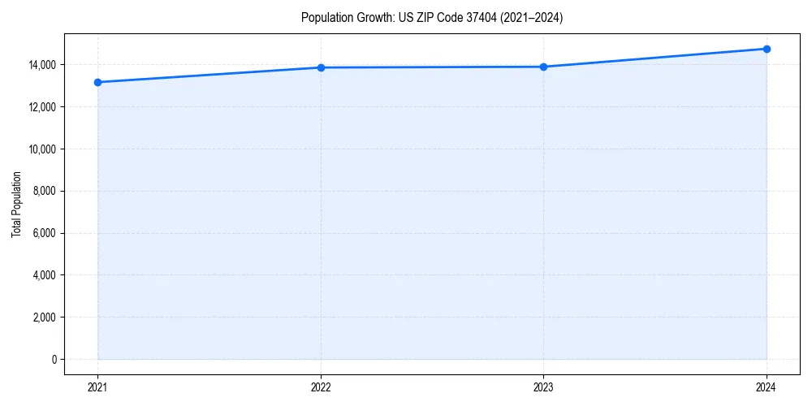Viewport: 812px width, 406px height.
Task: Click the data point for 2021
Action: click(x=97, y=82)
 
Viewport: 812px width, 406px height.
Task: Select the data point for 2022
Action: click(x=321, y=67)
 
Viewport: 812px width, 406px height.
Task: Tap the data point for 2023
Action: click(x=543, y=67)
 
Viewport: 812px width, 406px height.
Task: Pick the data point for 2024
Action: click(x=767, y=49)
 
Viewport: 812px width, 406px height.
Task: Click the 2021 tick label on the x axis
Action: click(x=97, y=387)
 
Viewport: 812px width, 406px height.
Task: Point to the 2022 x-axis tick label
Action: click(x=321, y=387)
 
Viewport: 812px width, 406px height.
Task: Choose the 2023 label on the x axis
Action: click(x=543, y=387)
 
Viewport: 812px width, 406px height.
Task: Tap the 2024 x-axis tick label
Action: click(x=767, y=387)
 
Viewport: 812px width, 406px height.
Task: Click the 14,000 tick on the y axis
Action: click(x=42, y=65)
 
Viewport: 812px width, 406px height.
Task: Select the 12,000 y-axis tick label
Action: click(x=42, y=107)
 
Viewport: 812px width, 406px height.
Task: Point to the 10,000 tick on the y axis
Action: click(x=42, y=149)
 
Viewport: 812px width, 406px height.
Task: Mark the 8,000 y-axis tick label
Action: click(x=45, y=192)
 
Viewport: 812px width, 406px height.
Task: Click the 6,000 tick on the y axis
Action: click(x=45, y=234)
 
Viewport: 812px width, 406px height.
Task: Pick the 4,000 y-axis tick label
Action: click(x=45, y=275)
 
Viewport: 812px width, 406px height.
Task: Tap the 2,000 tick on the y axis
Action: click(x=45, y=317)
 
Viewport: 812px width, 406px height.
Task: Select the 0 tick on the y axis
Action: click(x=54, y=360)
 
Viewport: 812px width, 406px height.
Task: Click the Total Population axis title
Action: click(x=16, y=204)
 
